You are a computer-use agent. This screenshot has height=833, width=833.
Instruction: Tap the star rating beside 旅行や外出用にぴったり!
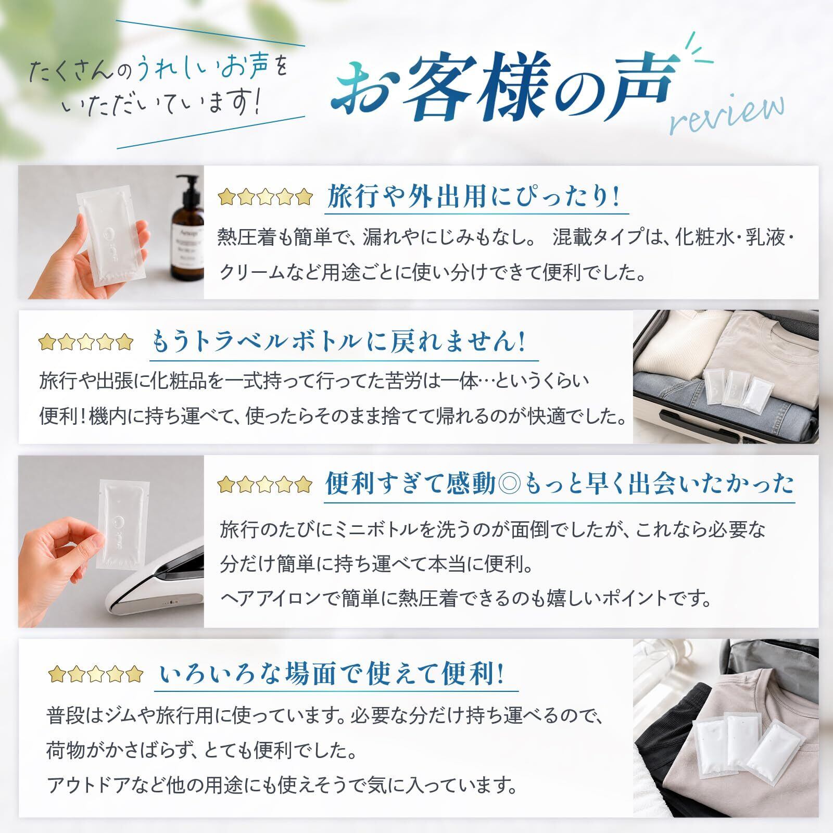click(x=266, y=198)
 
